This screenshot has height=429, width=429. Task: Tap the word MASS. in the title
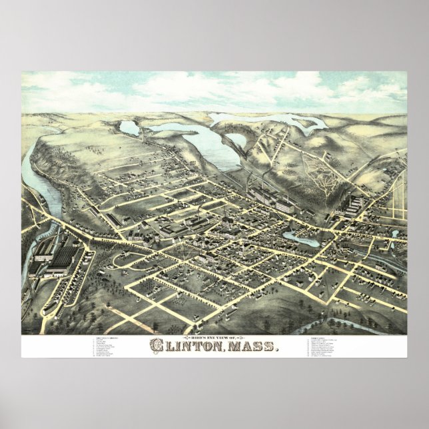[x=254, y=346]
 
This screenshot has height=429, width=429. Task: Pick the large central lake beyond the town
[x=193, y=140]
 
